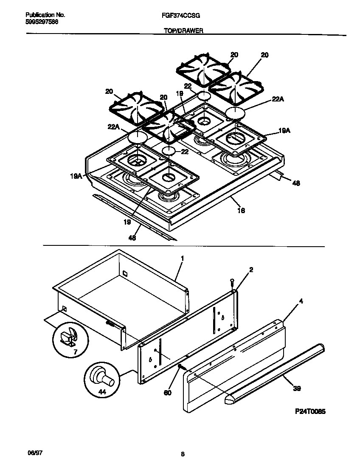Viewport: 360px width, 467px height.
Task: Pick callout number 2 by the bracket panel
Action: pos(251,270)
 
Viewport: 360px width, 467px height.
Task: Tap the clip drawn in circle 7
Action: pos(68,337)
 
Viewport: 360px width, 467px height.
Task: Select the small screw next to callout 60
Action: pos(180,366)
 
